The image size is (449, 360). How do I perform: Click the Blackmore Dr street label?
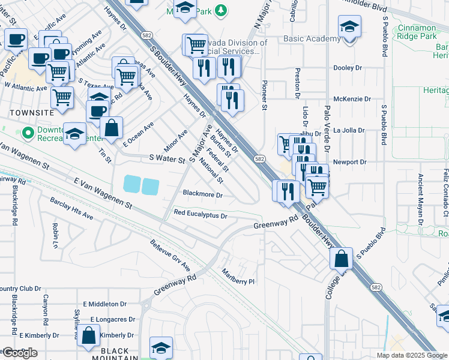point(203,195)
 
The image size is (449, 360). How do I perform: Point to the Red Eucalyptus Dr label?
point(200,214)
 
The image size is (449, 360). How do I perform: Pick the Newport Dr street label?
point(350,162)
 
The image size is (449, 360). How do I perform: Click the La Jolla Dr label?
point(349,130)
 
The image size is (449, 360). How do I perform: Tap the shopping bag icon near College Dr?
point(341,259)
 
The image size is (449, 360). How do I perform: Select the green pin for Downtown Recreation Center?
point(26,132)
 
